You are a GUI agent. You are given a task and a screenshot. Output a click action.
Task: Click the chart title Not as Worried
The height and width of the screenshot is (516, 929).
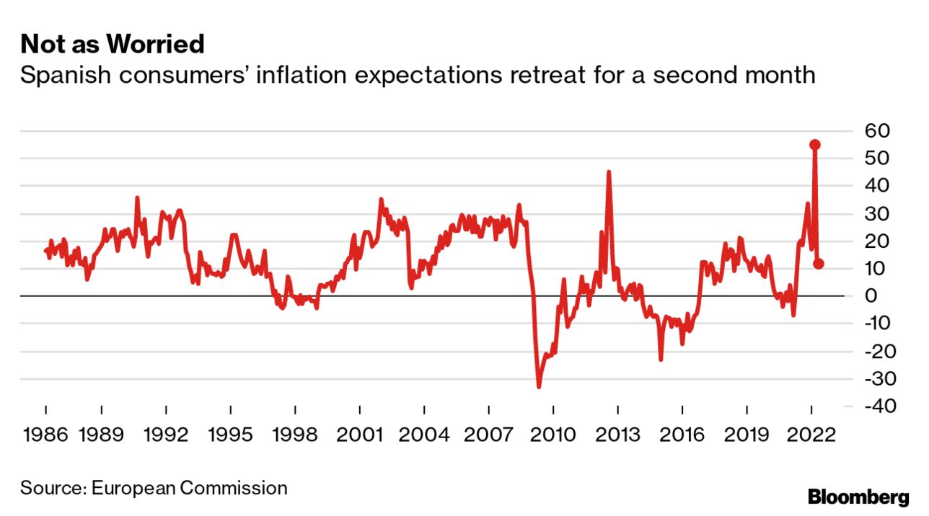pos(113,45)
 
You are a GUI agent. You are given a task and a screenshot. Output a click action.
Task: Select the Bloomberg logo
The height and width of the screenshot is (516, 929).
pos(858,497)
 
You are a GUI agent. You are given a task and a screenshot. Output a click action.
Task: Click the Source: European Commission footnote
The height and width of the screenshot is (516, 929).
pos(154,488)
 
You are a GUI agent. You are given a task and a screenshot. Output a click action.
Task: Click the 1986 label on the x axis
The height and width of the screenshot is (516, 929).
pos(45,435)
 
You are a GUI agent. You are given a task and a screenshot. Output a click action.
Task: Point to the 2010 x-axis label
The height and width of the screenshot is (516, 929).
pos(553,435)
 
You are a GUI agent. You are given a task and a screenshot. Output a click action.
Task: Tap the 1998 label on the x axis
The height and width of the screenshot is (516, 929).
pos(295,435)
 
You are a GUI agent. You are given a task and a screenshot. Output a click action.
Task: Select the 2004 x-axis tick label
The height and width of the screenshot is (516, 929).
pos(424,435)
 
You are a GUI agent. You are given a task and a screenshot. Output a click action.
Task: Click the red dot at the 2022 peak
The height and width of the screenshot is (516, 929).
pos(815,144)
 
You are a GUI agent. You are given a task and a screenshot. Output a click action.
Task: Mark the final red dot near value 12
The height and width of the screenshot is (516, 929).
pos(819,264)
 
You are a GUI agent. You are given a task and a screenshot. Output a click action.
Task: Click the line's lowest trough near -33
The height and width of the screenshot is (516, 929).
pos(539,386)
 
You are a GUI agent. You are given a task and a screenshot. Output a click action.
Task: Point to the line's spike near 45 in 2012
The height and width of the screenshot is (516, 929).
pos(609,172)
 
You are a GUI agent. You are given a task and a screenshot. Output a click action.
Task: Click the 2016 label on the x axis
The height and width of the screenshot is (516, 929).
pos(682,435)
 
